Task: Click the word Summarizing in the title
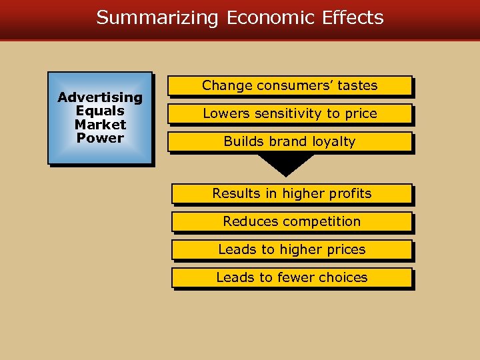(157, 17)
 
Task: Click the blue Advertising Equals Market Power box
(100, 118)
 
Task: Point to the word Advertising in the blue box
(100, 97)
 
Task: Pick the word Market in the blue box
(100, 125)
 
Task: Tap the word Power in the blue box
(100, 138)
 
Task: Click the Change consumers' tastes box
(289, 86)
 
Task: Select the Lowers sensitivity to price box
(289, 114)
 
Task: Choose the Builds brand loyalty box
(289, 142)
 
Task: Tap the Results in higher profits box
(291, 194)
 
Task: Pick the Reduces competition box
(291, 222)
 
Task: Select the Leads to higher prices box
(291, 250)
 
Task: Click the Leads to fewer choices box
(291, 278)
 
